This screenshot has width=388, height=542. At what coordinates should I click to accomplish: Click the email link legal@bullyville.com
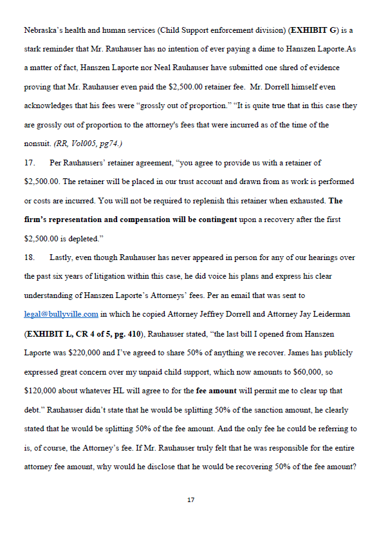(61, 314)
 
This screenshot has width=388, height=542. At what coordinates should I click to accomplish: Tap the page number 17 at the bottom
(190, 500)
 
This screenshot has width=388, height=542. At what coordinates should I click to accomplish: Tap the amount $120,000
(41, 391)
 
